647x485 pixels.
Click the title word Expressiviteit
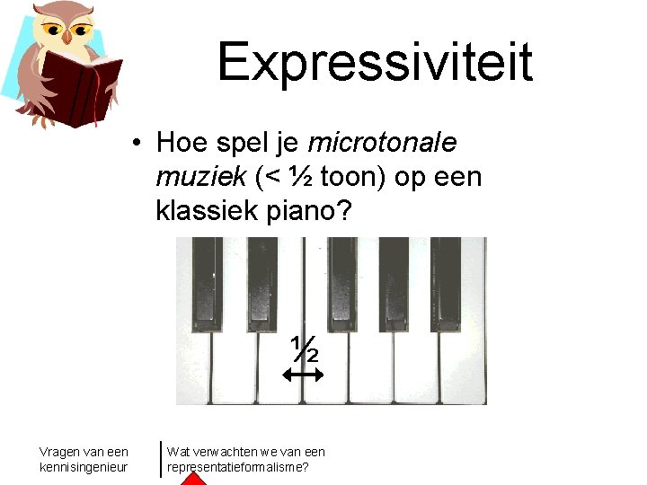[375, 61]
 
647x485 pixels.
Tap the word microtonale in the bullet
[383, 143]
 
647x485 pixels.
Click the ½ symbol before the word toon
[302, 178]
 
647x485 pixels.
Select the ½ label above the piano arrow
[306, 348]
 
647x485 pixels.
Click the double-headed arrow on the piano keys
[306, 376]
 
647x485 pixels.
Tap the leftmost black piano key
[208, 279]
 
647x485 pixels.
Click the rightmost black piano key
[445, 279]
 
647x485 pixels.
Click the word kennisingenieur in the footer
[84, 467]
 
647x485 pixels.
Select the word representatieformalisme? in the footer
[238, 467]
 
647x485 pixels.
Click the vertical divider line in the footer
[161, 458]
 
